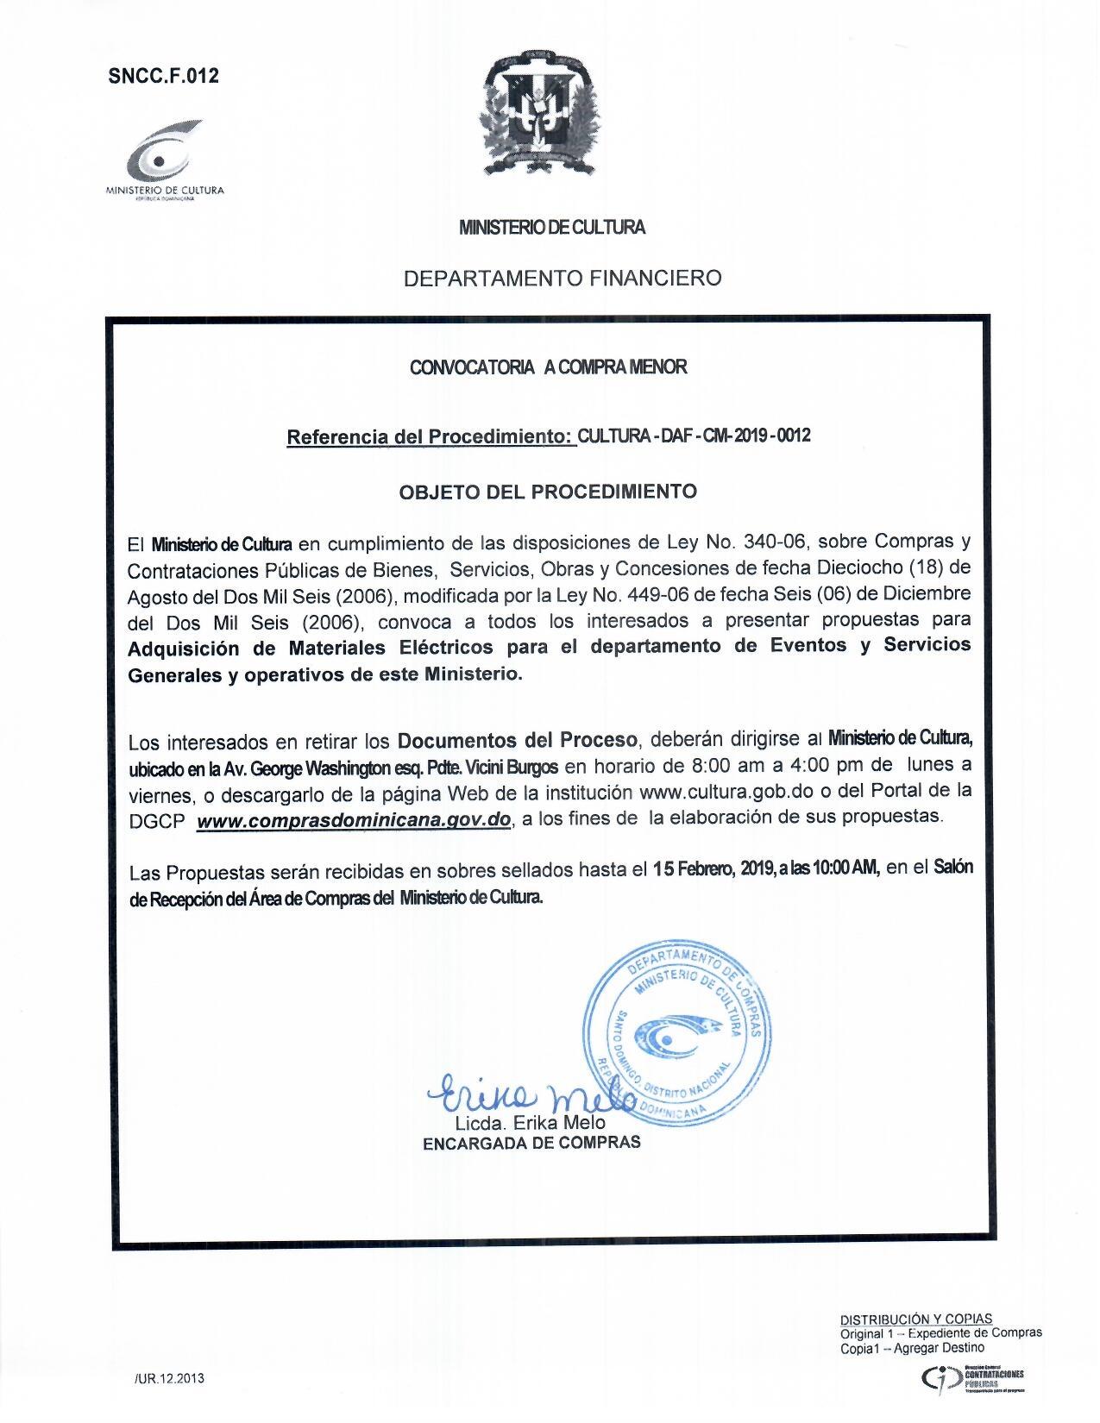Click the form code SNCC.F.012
point(164,76)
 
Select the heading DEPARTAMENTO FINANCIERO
point(563,278)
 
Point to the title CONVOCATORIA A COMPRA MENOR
point(549,367)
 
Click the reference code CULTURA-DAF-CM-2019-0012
point(695,436)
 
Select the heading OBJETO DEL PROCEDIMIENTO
point(548,492)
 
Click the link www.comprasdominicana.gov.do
point(355,821)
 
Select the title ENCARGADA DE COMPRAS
point(531,1143)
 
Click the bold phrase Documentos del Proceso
point(518,741)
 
